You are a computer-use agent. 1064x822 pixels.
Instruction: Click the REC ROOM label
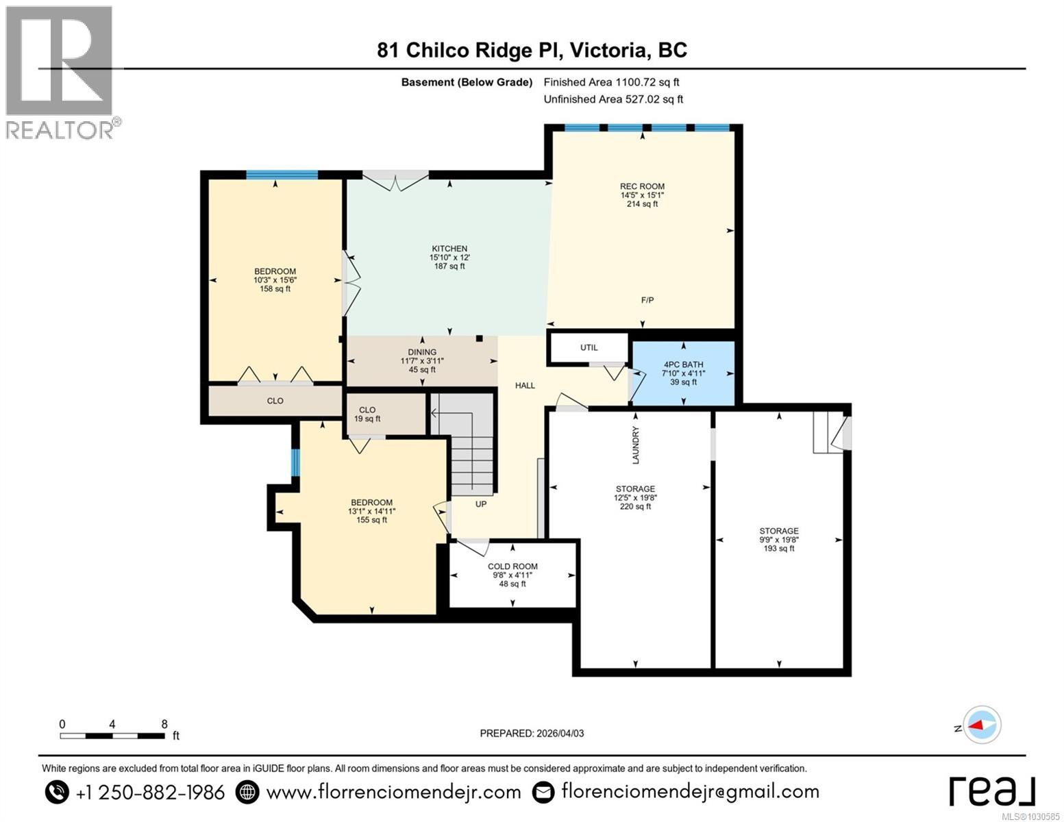click(642, 186)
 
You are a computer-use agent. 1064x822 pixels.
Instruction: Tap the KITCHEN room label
click(449, 249)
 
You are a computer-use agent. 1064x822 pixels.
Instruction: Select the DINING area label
click(422, 352)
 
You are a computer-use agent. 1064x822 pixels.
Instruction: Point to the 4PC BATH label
click(683, 364)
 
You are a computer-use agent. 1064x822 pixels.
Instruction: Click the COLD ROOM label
click(512, 566)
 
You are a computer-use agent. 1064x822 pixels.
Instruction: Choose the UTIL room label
click(589, 347)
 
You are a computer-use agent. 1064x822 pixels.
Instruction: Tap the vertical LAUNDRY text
click(636, 445)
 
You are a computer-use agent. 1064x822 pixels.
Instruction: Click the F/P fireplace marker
click(647, 300)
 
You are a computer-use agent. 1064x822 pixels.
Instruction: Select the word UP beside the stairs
click(481, 504)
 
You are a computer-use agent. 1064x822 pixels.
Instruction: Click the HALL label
click(525, 386)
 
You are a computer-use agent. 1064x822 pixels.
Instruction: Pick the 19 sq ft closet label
click(367, 419)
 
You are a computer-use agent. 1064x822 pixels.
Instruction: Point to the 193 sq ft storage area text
click(779, 548)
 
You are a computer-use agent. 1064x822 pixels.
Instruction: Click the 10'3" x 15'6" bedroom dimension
click(275, 279)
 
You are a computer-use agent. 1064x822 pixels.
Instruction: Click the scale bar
click(112, 736)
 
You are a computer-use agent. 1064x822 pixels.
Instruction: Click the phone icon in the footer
click(57, 792)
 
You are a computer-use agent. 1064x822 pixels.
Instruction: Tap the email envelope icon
click(543, 792)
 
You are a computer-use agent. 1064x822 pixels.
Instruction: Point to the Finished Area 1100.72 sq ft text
click(611, 82)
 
